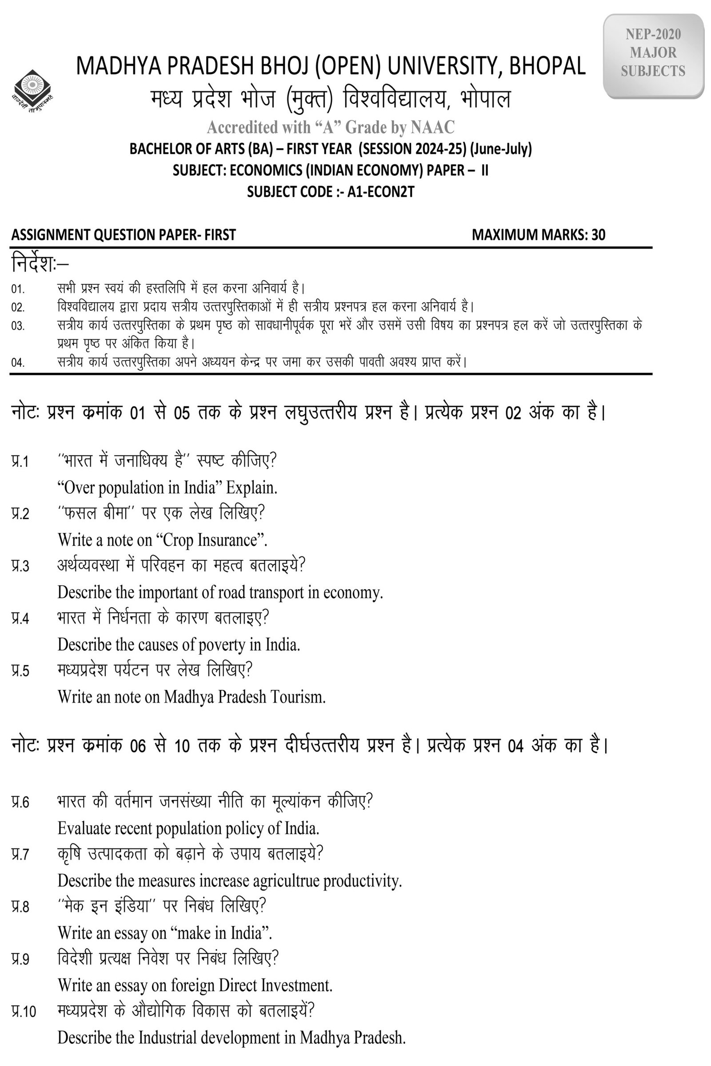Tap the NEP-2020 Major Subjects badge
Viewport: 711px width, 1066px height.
[653, 53]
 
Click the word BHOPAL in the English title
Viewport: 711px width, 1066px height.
[547, 66]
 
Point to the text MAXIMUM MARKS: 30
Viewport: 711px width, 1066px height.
[538, 235]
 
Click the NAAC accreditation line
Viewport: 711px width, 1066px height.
[331, 127]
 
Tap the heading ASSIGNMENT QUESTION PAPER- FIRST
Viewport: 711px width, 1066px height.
[124, 235]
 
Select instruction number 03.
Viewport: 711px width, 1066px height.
[18, 326]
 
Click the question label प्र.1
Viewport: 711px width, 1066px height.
[20, 461]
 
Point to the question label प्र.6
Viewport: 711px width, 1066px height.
[20, 802]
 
